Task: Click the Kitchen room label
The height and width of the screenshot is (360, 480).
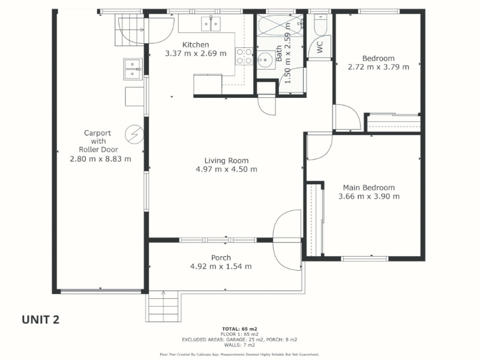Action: click(196, 44)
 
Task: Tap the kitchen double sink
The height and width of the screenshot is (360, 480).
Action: click(211, 24)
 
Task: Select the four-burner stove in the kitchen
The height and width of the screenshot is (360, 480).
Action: click(244, 56)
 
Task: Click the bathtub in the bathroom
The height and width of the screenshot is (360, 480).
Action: click(280, 25)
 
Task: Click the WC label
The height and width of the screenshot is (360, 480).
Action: click(320, 47)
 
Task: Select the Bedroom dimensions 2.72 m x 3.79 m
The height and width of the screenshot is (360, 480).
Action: click(379, 67)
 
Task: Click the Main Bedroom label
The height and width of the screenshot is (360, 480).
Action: click(369, 188)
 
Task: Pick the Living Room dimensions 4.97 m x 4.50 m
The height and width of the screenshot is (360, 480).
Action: click(227, 169)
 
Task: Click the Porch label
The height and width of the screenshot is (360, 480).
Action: click(221, 258)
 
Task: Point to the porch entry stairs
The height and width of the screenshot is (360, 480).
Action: click(163, 306)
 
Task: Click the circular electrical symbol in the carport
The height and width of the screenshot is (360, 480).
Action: click(134, 134)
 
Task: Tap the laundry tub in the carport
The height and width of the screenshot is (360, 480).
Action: click(133, 69)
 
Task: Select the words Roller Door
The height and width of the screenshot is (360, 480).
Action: click(98, 149)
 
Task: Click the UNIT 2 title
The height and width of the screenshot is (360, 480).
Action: click(40, 320)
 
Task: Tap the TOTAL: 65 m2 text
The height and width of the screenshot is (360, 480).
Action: click(239, 329)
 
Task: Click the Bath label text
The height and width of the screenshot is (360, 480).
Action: click(279, 53)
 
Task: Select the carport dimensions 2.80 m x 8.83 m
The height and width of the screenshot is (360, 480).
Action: click(100, 159)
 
